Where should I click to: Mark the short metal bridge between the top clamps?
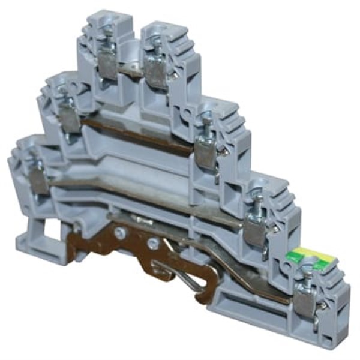[x=129, y=71]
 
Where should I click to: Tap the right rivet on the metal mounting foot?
[x=154, y=243]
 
